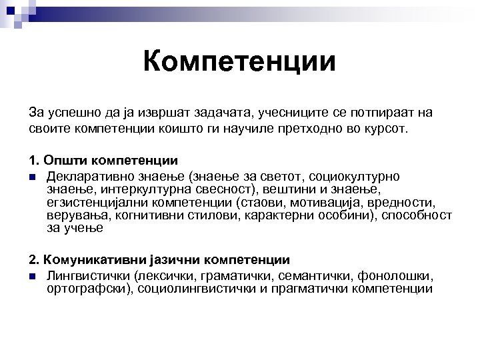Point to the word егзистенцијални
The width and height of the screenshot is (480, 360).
[x=99, y=202]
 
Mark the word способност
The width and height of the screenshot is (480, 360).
[x=416, y=215]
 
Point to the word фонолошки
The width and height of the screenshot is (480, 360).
[x=396, y=275]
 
